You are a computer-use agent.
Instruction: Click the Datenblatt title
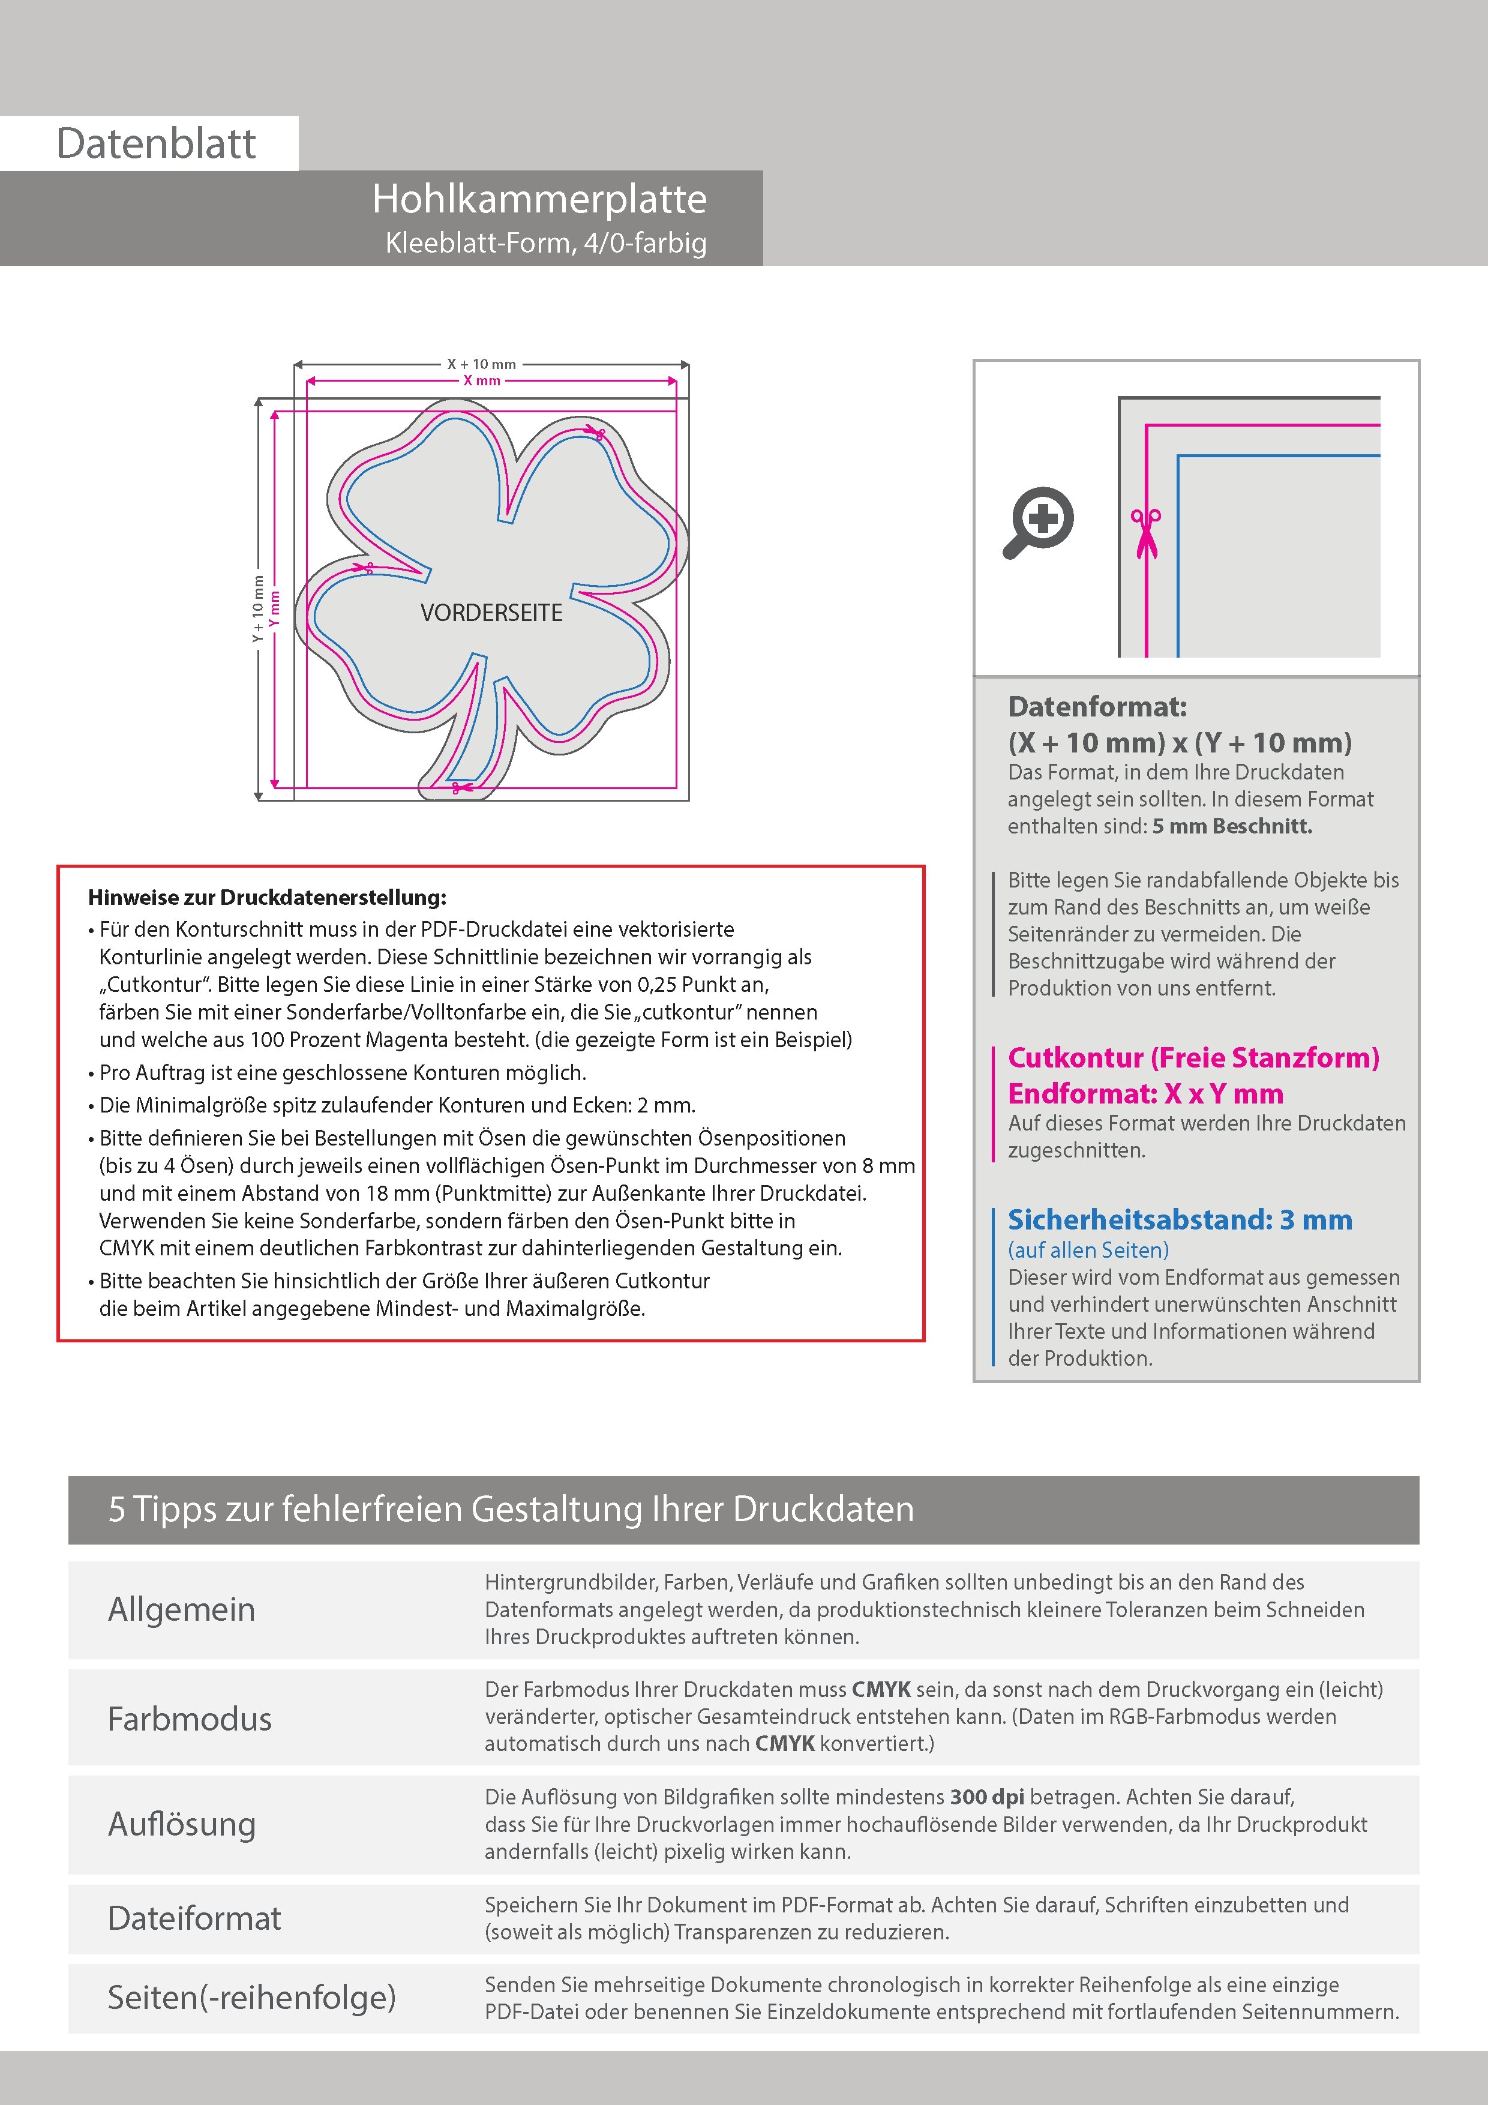coord(156,144)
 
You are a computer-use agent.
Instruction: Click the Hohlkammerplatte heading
coord(539,199)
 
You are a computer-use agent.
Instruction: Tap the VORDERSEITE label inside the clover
coord(491,613)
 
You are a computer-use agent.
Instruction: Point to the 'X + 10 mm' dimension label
coord(481,364)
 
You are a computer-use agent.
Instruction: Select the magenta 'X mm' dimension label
coord(481,380)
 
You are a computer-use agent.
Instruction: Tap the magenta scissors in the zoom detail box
coord(1145,533)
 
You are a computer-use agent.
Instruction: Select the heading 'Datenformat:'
coord(1097,707)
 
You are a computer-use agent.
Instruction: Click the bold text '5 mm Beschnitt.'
coord(1231,826)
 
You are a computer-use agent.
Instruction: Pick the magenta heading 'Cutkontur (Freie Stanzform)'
coord(1193,1058)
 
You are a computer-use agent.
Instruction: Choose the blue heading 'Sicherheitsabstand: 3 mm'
coord(1179,1221)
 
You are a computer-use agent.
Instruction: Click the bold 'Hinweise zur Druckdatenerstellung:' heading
coord(267,898)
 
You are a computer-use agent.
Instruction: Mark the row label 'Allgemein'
coord(182,1609)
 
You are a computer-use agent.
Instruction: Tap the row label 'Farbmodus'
coord(190,1718)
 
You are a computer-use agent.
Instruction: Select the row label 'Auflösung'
coord(182,1824)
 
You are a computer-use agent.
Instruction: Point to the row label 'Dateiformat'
coord(194,1918)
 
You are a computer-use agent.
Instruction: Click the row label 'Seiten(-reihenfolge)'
coord(251,1997)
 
